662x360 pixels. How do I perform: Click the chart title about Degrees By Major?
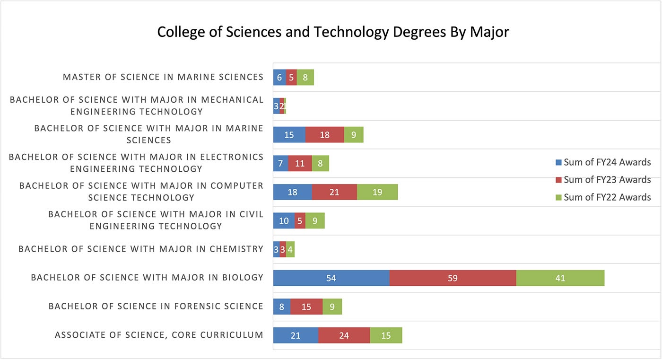coord(333,32)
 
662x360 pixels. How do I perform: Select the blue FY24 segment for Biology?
coord(331,278)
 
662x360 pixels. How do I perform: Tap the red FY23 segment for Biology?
coord(453,278)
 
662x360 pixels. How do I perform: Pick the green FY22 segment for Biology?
coord(560,278)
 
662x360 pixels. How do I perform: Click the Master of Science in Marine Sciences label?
coord(163,77)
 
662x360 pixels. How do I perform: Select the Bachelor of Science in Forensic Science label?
coord(156,307)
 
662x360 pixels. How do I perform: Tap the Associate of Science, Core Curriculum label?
coord(159,335)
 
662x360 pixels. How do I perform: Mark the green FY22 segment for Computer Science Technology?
coord(377,192)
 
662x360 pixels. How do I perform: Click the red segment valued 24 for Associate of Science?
coord(344,335)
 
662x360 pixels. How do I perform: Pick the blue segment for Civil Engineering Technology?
coord(284,221)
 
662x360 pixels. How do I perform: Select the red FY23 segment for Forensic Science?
coord(306,307)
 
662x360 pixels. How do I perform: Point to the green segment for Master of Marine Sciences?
coord(305,77)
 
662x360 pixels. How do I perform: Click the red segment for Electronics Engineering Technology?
coord(300,163)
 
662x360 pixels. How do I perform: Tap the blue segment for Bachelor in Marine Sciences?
coord(289,135)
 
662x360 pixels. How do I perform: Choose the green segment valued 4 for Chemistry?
coord(290,249)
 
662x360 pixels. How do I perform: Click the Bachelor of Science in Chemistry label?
coord(141,249)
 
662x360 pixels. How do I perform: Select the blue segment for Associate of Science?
coord(296,335)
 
